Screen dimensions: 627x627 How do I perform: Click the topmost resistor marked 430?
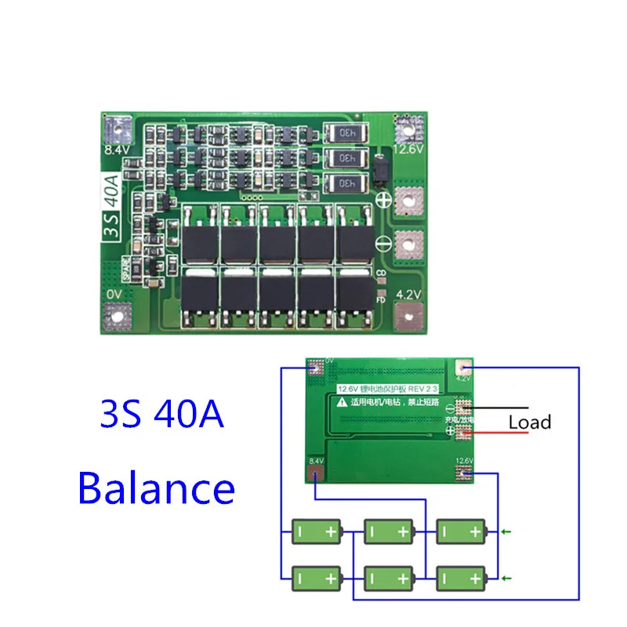(342, 133)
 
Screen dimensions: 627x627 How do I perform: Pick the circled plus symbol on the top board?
(382, 199)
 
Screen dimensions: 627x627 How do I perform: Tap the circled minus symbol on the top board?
(382, 241)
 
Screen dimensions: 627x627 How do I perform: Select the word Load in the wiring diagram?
(529, 422)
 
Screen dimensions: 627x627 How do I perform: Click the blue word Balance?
(156, 487)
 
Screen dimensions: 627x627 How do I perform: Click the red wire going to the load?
(486, 432)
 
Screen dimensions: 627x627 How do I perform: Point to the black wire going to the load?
(486, 408)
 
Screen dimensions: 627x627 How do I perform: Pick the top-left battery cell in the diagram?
(317, 533)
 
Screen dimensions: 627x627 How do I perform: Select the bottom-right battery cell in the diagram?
(462, 580)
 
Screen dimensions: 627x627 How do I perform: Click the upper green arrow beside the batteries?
(506, 533)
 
